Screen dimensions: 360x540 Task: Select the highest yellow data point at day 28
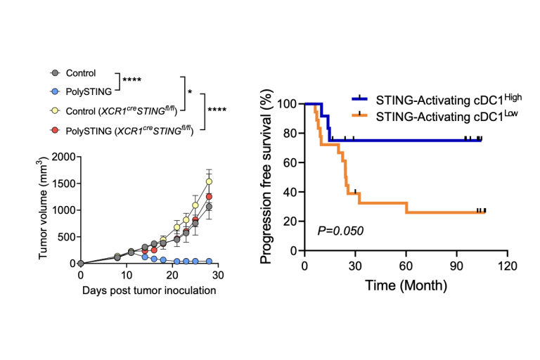[x=209, y=181]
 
